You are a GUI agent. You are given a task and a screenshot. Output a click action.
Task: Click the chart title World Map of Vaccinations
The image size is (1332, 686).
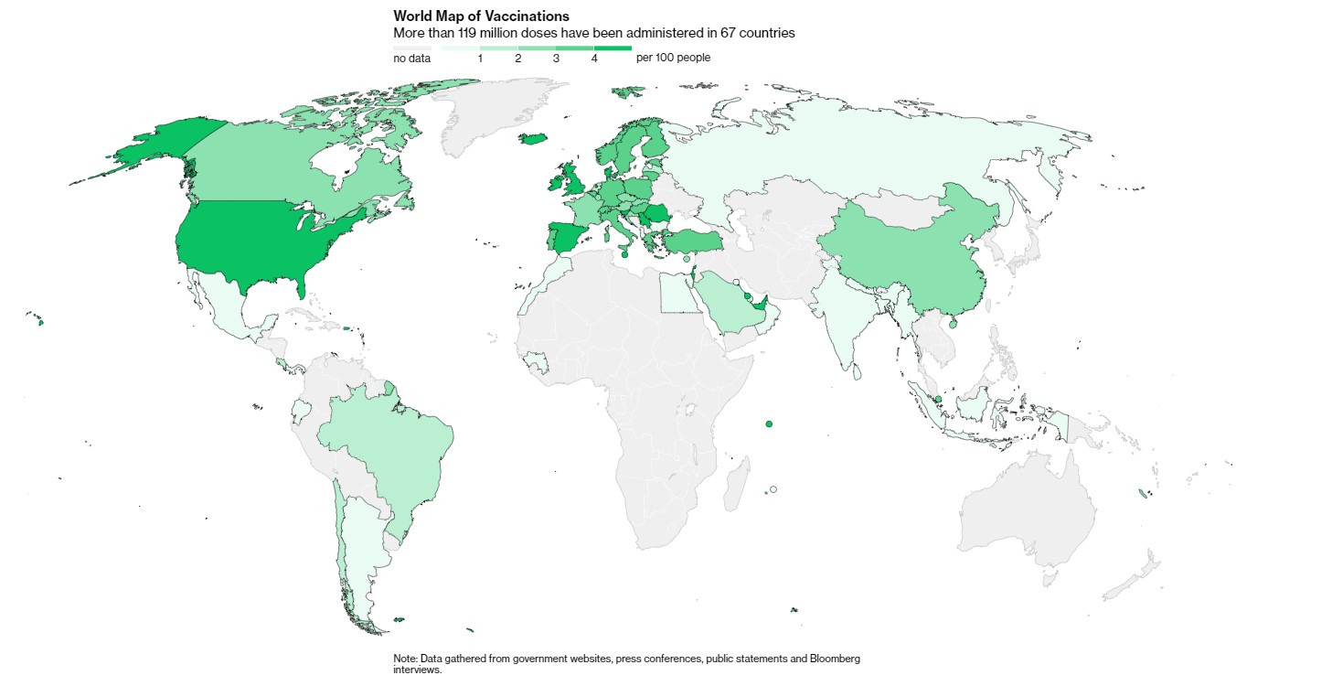pos(481,16)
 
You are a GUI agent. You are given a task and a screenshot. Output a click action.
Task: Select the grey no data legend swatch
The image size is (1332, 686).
pos(411,48)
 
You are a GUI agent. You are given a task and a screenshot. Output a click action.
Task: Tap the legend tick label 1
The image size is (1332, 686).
pos(480,59)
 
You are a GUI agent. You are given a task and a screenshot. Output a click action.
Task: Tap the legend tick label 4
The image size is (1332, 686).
pos(594,59)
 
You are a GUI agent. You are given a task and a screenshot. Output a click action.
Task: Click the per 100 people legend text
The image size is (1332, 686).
pos(673,58)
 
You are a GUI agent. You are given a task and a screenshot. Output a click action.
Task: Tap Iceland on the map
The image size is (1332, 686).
pos(533,139)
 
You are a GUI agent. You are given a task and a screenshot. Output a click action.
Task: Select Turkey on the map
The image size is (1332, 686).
pos(692,242)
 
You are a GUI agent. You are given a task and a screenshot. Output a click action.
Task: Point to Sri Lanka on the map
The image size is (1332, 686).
pos(858,371)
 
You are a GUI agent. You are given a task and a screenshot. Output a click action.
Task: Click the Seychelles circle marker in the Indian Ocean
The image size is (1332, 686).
pos(769,423)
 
